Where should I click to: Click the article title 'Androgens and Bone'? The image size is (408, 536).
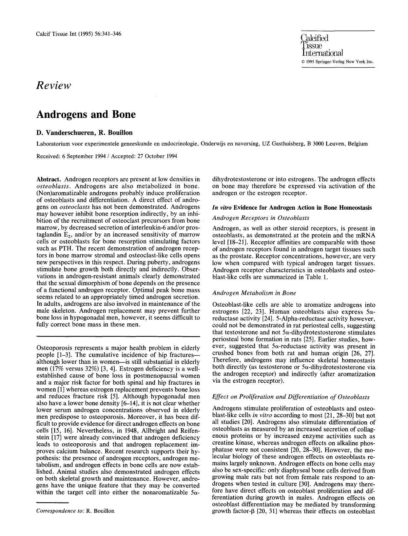tap(86, 114)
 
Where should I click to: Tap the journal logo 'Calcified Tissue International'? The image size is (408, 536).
tap(321, 45)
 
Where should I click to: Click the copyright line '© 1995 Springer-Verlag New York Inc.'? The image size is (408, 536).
tap(338, 61)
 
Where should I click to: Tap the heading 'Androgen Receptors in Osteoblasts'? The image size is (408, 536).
tap(261, 218)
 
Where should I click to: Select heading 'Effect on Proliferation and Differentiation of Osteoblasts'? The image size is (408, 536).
tap(291, 397)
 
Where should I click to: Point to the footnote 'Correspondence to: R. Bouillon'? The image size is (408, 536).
tap(75, 511)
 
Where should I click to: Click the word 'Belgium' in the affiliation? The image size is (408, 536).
tap(358, 144)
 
